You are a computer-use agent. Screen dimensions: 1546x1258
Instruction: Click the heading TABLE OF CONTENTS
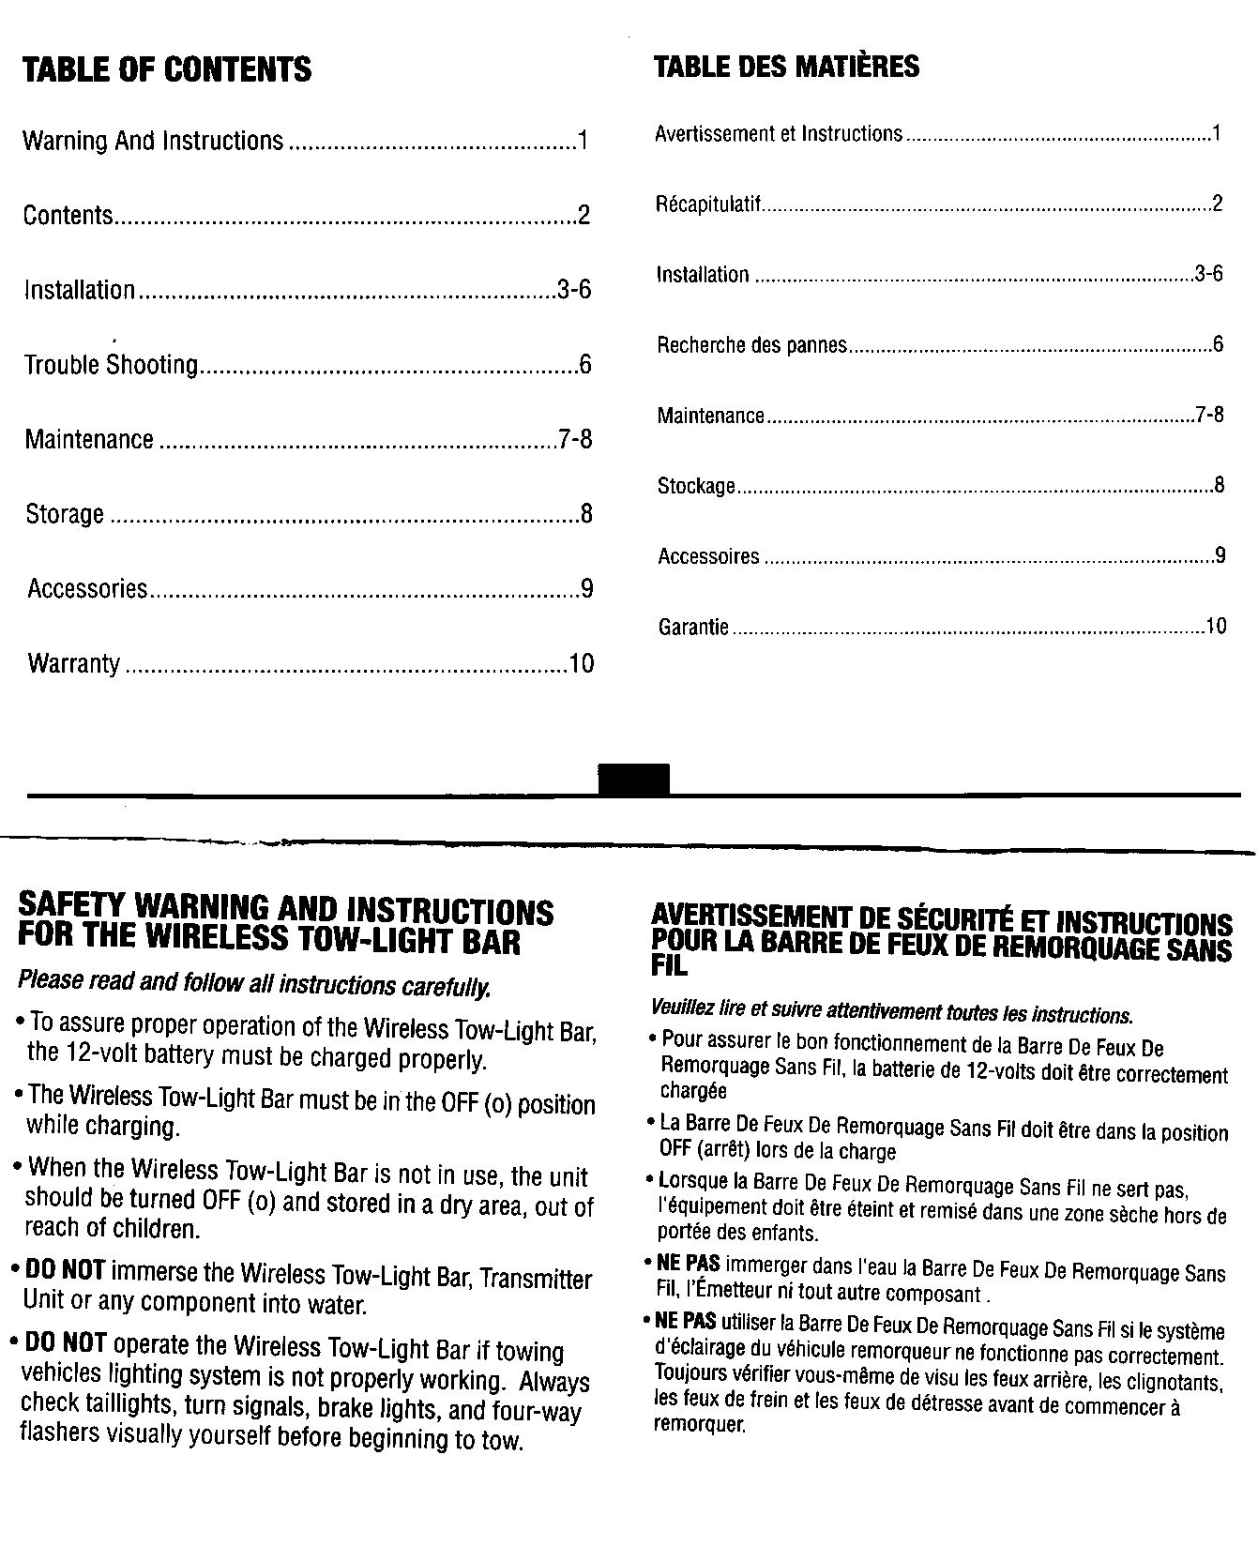tap(167, 69)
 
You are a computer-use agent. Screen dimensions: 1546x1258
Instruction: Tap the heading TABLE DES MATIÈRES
tap(786, 67)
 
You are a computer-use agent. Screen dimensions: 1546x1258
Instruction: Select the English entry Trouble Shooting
tap(111, 364)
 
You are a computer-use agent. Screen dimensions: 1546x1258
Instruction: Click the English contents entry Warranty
tap(74, 664)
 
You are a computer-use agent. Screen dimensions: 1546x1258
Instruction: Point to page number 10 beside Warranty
tap(582, 664)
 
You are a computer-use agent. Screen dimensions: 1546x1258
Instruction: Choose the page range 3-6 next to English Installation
tap(574, 289)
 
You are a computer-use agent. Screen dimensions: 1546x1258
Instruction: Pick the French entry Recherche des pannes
tap(752, 345)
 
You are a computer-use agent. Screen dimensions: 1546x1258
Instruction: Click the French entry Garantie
tap(693, 627)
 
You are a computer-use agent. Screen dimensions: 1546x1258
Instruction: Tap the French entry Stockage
tap(696, 486)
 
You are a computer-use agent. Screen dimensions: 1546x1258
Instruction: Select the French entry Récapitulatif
tap(708, 205)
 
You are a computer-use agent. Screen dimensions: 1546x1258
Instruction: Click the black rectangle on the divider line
tap(634, 781)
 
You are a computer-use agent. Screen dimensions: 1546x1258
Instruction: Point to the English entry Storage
tap(65, 514)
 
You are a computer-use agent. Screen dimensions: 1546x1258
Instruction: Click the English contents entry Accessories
tap(87, 589)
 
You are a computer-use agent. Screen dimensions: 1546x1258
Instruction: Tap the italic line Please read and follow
tap(253, 985)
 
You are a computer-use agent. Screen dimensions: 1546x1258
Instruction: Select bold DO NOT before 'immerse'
tap(64, 1272)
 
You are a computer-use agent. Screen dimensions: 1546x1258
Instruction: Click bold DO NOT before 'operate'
tap(66, 1343)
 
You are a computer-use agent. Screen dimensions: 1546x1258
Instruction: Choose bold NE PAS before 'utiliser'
tap(687, 1321)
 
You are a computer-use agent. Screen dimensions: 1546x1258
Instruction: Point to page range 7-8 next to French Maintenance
tap(1209, 415)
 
